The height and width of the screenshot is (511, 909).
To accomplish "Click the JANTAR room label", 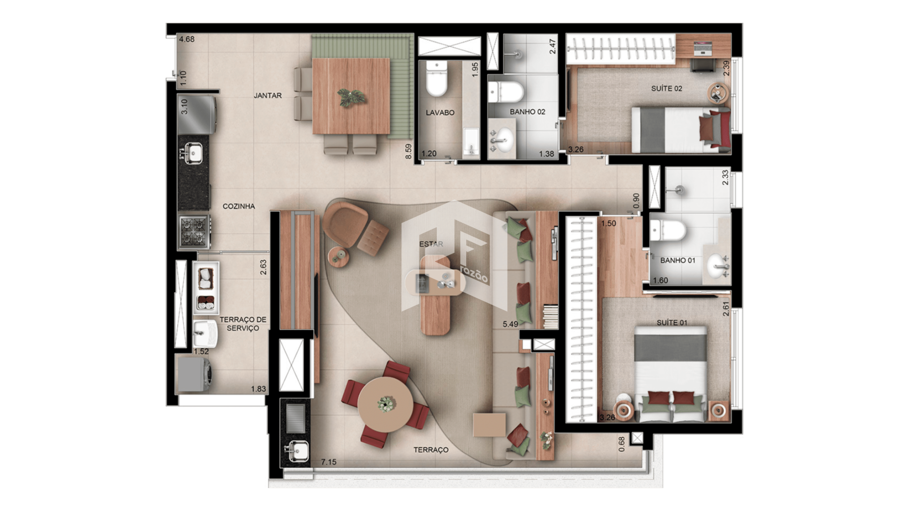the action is pyautogui.click(x=267, y=96).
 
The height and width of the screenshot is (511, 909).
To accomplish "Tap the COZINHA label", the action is pyautogui.click(x=239, y=206).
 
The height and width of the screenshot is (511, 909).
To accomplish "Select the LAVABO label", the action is pyautogui.click(x=440, y=113).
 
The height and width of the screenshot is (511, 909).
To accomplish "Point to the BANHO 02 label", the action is pyautogui.click(x=527, y=112).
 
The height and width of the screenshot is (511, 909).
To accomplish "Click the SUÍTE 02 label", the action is pyautogui.click(x=667, y=88).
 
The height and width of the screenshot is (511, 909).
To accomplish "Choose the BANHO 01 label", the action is pyautogui.click(x=677, y=260).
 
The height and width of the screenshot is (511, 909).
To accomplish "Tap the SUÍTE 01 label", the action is pyautogui.click(x=672, y=323).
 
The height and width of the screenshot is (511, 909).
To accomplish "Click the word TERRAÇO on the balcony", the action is pyautogui.click(x=431, y=450).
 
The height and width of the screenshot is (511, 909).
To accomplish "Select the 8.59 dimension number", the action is pyautogui.click(x=409, y=151).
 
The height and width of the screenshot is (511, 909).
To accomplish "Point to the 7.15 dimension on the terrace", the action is pyautogui.click(x=329, y=462).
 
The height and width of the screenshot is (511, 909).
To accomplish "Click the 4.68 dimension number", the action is pyautogui.click(x=187, y=39).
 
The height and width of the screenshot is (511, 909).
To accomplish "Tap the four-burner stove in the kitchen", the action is pyautogui.click(x=194, y=232).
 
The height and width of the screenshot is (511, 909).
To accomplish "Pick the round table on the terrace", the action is pyautogui.click(x=385, y=404).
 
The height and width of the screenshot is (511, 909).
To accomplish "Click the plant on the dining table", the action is pyautogui.click(x=351, y=97).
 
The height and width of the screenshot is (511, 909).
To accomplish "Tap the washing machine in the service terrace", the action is pyautogui.click(x=193, y=374).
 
